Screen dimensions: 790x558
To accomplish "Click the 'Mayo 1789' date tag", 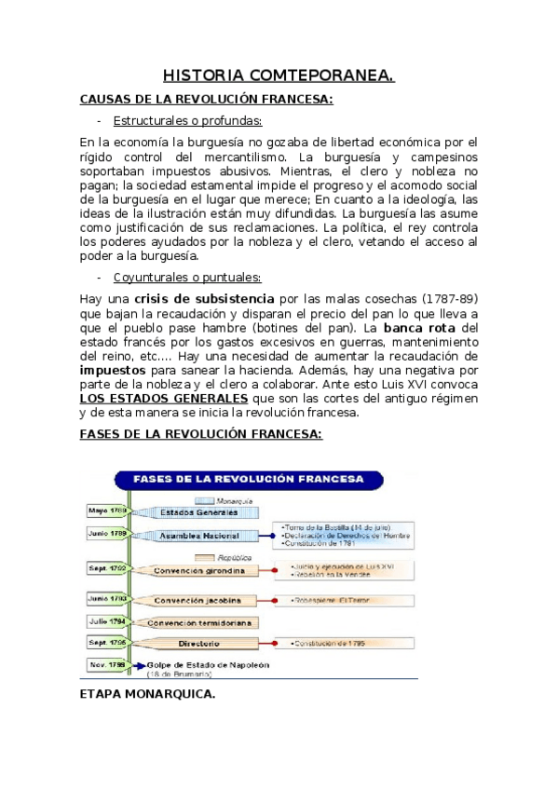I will [106, 511].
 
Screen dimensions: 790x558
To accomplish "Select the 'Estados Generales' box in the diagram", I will [197, 512].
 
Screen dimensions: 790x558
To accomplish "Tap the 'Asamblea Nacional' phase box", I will [197, 536].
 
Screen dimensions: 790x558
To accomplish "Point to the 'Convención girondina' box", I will [199, 569].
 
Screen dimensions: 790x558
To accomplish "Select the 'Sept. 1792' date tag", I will [106, 566].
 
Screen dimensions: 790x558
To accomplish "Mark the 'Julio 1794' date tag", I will [106, 620].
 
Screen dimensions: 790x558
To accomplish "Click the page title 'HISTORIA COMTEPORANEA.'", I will [279, 75].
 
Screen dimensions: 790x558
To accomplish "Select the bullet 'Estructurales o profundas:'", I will [187, 120].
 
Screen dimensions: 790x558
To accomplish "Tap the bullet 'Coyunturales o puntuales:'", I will [187, 278].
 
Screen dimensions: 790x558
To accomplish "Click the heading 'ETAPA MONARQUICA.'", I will [148, 693].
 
